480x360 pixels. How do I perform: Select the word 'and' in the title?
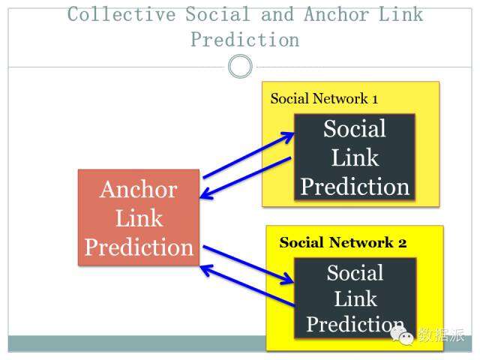[x=272, y=15]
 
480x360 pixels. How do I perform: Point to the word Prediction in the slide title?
[x=244, y=39]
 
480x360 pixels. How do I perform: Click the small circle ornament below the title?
[x=240, y=67]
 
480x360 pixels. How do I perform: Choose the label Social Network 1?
[x=324, y=99]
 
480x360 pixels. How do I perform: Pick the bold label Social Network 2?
[x=343, y=243]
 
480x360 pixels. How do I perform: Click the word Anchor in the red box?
[x=139, y=189]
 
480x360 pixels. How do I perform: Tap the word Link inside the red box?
[x=139, y=218]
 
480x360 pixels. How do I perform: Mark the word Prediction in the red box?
[x=139, y=247]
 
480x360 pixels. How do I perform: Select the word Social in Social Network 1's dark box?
[x=355, y=129]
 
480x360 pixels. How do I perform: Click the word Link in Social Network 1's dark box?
[x=355, y=157]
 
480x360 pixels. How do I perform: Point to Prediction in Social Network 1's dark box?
[x=355, y=186]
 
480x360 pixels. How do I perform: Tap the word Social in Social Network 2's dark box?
[x=355, y=273]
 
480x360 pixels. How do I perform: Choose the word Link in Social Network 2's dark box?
[x=355, y=298]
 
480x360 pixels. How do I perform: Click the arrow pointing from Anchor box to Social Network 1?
[x=247, y=155]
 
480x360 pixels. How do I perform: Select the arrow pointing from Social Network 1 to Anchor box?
[x=246, y=178]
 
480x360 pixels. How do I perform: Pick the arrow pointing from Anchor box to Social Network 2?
[x=247, y=263]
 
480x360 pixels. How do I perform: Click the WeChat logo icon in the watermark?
[x=403, y=337]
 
